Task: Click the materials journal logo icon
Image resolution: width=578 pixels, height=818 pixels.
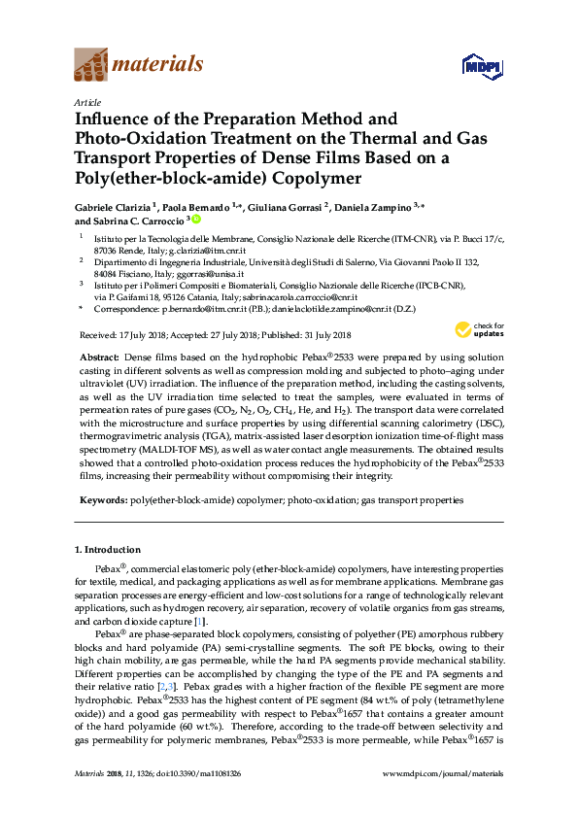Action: [x=91, y=65]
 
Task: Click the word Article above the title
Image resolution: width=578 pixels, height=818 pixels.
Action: [x=85, y=101]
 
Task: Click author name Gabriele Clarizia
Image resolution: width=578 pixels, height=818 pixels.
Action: [x=115, y=207]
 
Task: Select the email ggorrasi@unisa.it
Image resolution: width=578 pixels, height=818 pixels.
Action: [x=225, y=274]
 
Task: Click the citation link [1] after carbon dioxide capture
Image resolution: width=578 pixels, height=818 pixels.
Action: [x=199, y=621]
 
